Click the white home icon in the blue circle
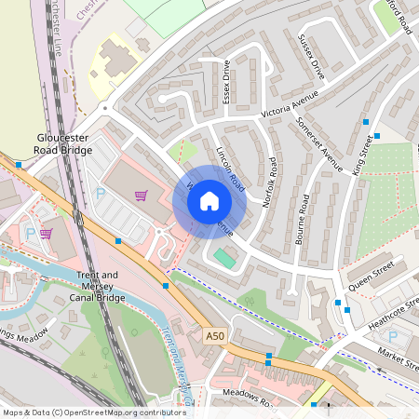tap(209, 201)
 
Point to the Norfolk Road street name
tap(269, 181)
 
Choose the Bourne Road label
tap(304, 220)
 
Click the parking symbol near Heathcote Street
tap(392, 335)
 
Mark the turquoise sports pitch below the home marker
tap(224, 257)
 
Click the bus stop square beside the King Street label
tap(366, 122)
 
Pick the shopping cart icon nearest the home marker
tap(141, 196)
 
